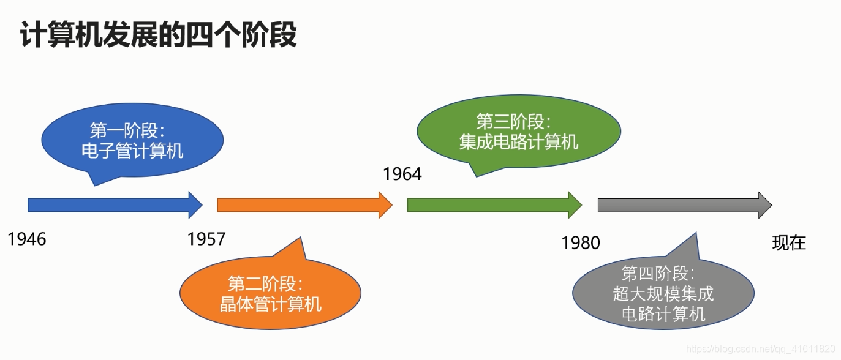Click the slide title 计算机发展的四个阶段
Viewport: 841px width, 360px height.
tap(159, 35)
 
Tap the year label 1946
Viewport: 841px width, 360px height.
tap(27, 239)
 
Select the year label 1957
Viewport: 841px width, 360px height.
tap(206, 239)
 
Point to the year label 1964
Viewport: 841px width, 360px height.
tap(402, 174)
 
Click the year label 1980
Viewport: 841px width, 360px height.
tap(581, 243)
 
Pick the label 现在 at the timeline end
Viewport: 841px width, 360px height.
tap(789, 243)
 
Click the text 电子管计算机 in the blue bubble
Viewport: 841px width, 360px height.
tap(132, 151)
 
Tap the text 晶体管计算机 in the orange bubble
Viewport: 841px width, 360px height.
tap(270, 304)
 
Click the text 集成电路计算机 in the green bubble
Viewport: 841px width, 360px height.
tap(519, 142)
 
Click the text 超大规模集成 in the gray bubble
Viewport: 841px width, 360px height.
tap(663, 294)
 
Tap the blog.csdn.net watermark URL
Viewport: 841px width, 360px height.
tap(761, 348)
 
